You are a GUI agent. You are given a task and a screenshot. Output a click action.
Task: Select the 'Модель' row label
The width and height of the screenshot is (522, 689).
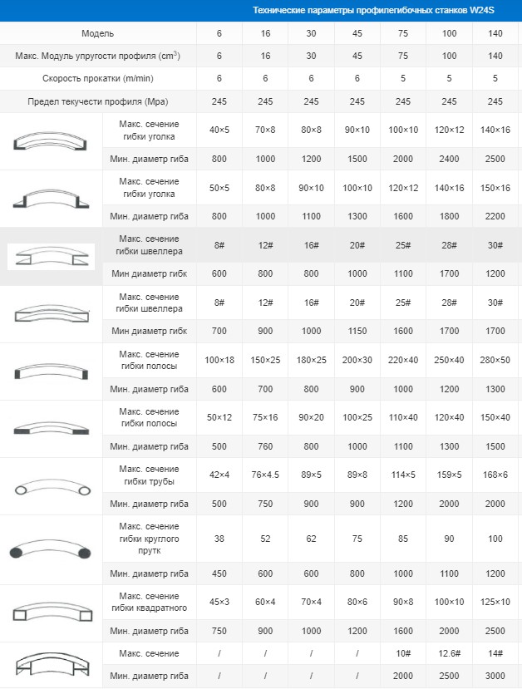[x=98, y=33]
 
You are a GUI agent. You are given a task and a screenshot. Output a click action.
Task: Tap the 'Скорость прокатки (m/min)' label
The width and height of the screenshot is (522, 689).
[x=98, y=78]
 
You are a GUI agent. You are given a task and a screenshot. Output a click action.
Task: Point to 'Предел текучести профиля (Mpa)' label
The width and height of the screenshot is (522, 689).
[x=98, y=101]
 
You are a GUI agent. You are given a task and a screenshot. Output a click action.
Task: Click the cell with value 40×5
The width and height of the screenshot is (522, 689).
[x=219, y=130]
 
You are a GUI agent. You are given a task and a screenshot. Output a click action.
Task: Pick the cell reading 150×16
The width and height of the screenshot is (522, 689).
[x=495, y=188]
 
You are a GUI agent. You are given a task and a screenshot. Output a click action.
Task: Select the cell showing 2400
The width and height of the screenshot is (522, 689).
[x=449, y=159]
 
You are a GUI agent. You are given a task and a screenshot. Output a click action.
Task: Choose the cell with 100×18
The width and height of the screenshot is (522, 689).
[x=219, y=361]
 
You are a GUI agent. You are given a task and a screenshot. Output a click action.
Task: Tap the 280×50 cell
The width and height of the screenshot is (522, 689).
[x=495, y=361]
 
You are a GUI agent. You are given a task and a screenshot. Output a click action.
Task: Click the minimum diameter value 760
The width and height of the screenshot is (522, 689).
[x=265, y=446]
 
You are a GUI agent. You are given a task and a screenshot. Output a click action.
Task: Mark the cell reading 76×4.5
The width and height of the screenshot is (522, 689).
[x=265, y=475]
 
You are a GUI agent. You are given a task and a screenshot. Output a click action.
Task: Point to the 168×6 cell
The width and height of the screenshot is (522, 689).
[x=495, y=475]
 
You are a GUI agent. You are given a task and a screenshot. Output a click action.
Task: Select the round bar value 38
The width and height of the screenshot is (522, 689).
[x=219, y=539]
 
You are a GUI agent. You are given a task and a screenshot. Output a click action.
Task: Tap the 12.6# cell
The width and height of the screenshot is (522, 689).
[x=449, y=653]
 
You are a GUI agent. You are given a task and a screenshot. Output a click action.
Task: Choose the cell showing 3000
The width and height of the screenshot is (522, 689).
[x=495, y=676]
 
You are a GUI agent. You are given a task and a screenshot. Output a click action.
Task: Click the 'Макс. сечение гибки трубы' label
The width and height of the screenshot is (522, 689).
[x=150, y=475]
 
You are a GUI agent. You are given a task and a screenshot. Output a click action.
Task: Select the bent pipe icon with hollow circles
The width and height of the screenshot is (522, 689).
[x=51, y=487]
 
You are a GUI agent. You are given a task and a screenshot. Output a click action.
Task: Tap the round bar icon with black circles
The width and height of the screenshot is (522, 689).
[x=51, y=550]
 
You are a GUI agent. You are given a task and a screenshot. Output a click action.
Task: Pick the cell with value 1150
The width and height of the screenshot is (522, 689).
[x=357, y=331]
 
